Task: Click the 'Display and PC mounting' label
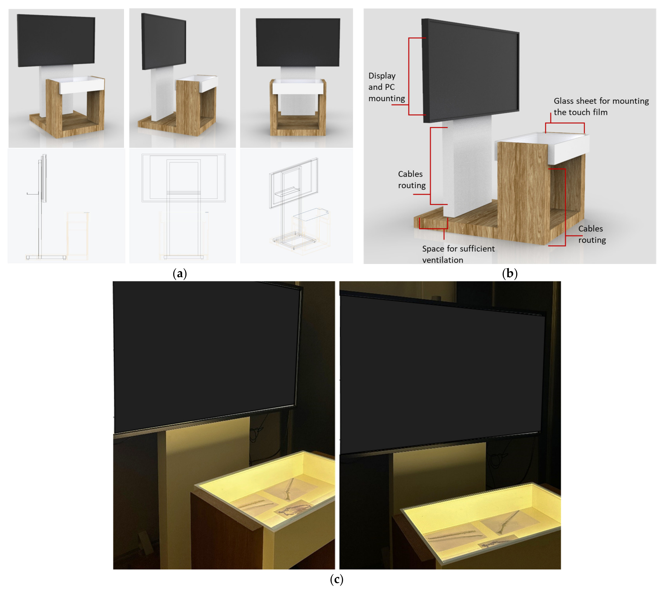[386, 87]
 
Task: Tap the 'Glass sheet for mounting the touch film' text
[601, 106]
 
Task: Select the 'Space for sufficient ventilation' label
[458, 254]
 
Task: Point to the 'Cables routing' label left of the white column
[412, 179]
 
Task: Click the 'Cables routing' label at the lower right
[592, 234]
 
